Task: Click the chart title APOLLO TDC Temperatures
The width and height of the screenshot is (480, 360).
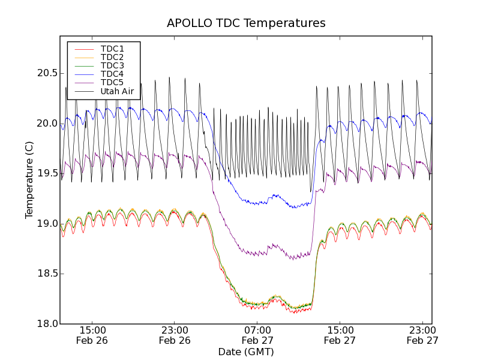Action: [246, 23]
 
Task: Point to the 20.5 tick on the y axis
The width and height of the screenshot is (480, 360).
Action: [46, 73]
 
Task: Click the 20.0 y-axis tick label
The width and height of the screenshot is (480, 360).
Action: [46, 124]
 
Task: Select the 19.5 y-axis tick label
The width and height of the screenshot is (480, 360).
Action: [46, 173]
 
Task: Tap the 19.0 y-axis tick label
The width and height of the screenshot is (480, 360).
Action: [46, 224]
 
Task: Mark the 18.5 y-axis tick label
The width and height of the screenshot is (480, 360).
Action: [46, 274]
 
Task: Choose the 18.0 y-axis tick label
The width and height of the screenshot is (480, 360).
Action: [46, 324]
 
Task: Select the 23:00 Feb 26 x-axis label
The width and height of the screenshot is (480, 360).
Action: [175, 335]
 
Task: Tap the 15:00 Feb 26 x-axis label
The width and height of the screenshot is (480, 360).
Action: [92, 335]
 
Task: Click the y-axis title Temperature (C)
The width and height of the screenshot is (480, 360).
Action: [29, 180]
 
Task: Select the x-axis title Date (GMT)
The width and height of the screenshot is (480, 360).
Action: [246, 352]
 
